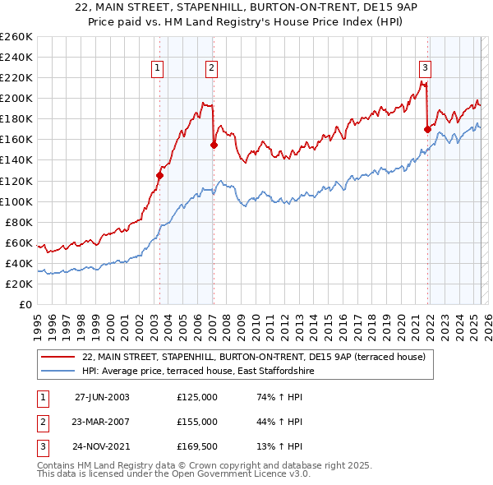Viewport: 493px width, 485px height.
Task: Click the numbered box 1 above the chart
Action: click(156, 68)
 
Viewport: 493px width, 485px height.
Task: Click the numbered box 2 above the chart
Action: click(211, 68)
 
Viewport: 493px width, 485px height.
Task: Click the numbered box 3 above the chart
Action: click(425, 68)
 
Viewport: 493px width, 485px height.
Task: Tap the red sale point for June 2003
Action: click(160, 174)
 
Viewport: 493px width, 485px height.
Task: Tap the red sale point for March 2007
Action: click(214, 145)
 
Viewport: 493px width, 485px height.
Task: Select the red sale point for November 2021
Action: click(427, 129)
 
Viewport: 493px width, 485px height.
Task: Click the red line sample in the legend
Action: click(58, 357)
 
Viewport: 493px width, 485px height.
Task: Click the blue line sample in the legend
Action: click(58, 371)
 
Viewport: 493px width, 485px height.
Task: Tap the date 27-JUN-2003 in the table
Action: click(102, 396)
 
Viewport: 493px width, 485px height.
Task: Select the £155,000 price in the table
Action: click(197, 422)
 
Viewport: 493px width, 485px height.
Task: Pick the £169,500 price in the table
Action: click(197, 447)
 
